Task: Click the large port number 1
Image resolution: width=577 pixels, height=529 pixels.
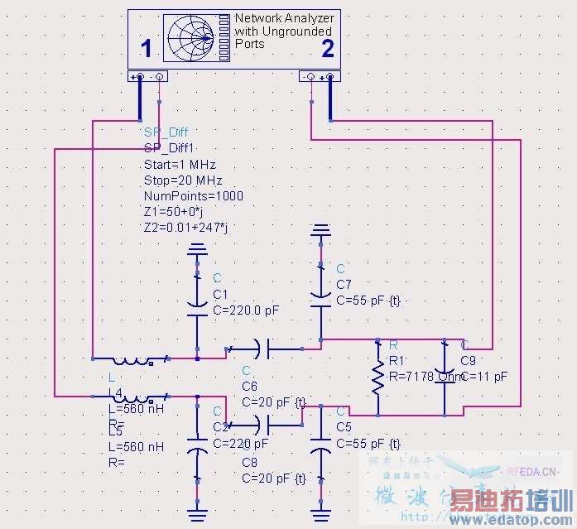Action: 147,50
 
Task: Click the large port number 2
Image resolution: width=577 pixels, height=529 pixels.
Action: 328,50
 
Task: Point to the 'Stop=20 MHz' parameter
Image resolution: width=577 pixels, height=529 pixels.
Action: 182,180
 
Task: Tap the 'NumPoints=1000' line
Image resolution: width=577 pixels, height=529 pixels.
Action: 193,196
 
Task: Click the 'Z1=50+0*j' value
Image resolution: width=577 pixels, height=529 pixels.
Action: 179,212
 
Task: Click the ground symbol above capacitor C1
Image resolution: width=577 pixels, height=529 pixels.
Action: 197,248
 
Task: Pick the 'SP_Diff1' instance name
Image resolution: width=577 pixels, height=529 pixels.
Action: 169,148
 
